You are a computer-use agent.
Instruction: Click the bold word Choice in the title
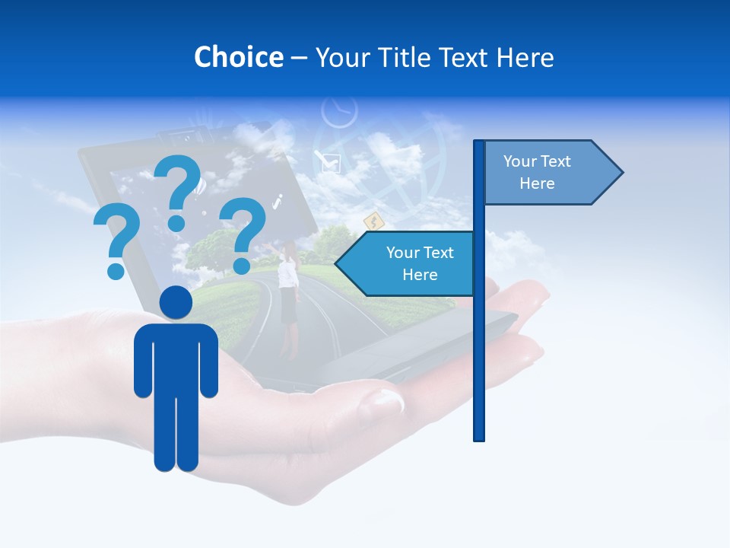[x=238, y=57]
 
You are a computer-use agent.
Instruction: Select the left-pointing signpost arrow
[x=407, y=263]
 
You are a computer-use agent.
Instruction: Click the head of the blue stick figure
[x=176, y=302]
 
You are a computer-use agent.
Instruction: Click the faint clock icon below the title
[x=339, y=112]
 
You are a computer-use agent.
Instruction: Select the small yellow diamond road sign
[x=373, y=221]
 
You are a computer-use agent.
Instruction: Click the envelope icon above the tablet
[x=328, y=161]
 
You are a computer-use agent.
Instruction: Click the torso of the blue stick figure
[x=176, y=358]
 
